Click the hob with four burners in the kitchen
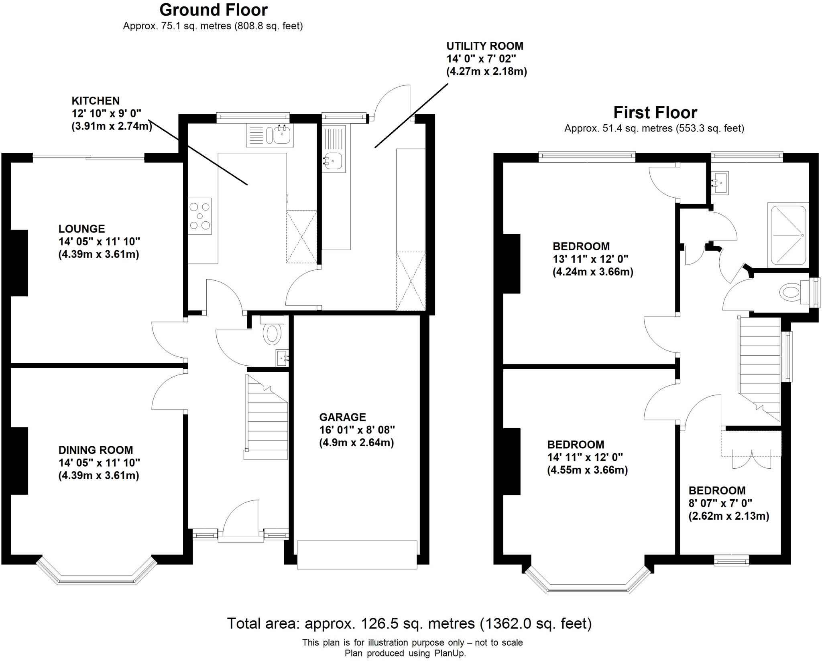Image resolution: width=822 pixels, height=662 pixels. [200, 217]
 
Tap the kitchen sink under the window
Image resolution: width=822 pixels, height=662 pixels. [281, 134]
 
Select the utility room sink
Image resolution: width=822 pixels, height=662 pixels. [332, 161]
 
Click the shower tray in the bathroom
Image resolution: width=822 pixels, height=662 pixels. [787, 236]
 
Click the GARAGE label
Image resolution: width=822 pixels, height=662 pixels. [342, 417]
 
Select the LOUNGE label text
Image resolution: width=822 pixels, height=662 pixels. [81, 229]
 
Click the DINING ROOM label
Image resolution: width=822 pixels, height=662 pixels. [96, 450]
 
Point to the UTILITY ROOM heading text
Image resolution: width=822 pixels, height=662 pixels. [484, 46]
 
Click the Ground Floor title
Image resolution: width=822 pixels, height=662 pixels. [213, 10]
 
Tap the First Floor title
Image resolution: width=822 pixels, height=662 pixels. [655, 113]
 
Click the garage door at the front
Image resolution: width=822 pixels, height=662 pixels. [357, 555]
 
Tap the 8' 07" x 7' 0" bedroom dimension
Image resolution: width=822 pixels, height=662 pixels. [720, 503]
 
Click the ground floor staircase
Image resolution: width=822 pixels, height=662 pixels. [267, 417]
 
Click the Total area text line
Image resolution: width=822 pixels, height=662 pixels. [409, 624]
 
